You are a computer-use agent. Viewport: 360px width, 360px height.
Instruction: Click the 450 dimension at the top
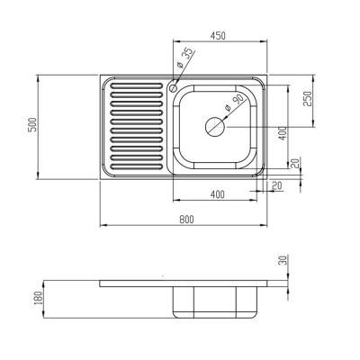tap(218, 37)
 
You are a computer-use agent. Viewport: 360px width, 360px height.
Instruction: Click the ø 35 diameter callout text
tap(183, 62)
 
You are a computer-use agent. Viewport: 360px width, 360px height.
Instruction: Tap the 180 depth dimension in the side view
tap(37, 297)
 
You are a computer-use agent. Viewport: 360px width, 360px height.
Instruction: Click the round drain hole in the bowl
tap(217, 127)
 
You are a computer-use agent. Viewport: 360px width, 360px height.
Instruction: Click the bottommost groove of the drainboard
tap(134, 165)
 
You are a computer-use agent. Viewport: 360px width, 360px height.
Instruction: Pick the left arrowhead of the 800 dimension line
tap(102, 224)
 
